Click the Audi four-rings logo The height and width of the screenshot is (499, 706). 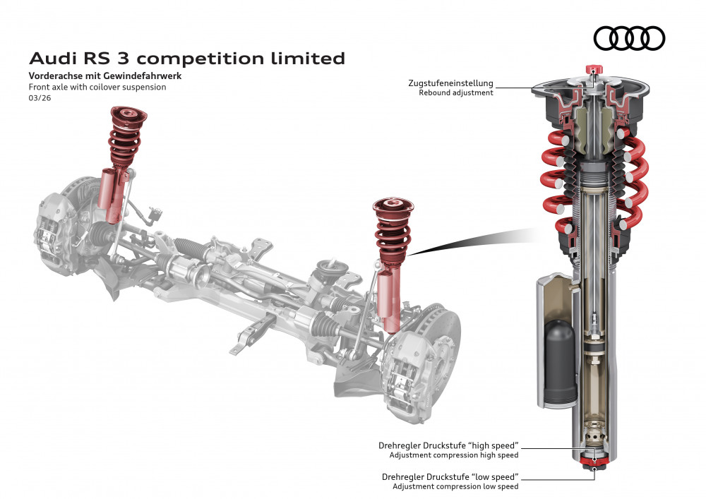pos(629,38)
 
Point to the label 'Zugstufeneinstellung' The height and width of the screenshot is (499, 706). pos(450,83)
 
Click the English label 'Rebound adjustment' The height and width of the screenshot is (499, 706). pos(455,93)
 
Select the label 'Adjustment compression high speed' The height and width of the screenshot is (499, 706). pos(456,455)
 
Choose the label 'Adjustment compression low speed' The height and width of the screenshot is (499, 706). pos(455,486)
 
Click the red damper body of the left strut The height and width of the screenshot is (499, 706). pos(112,196)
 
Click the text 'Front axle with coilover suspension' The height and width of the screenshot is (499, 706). pos(97,87)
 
